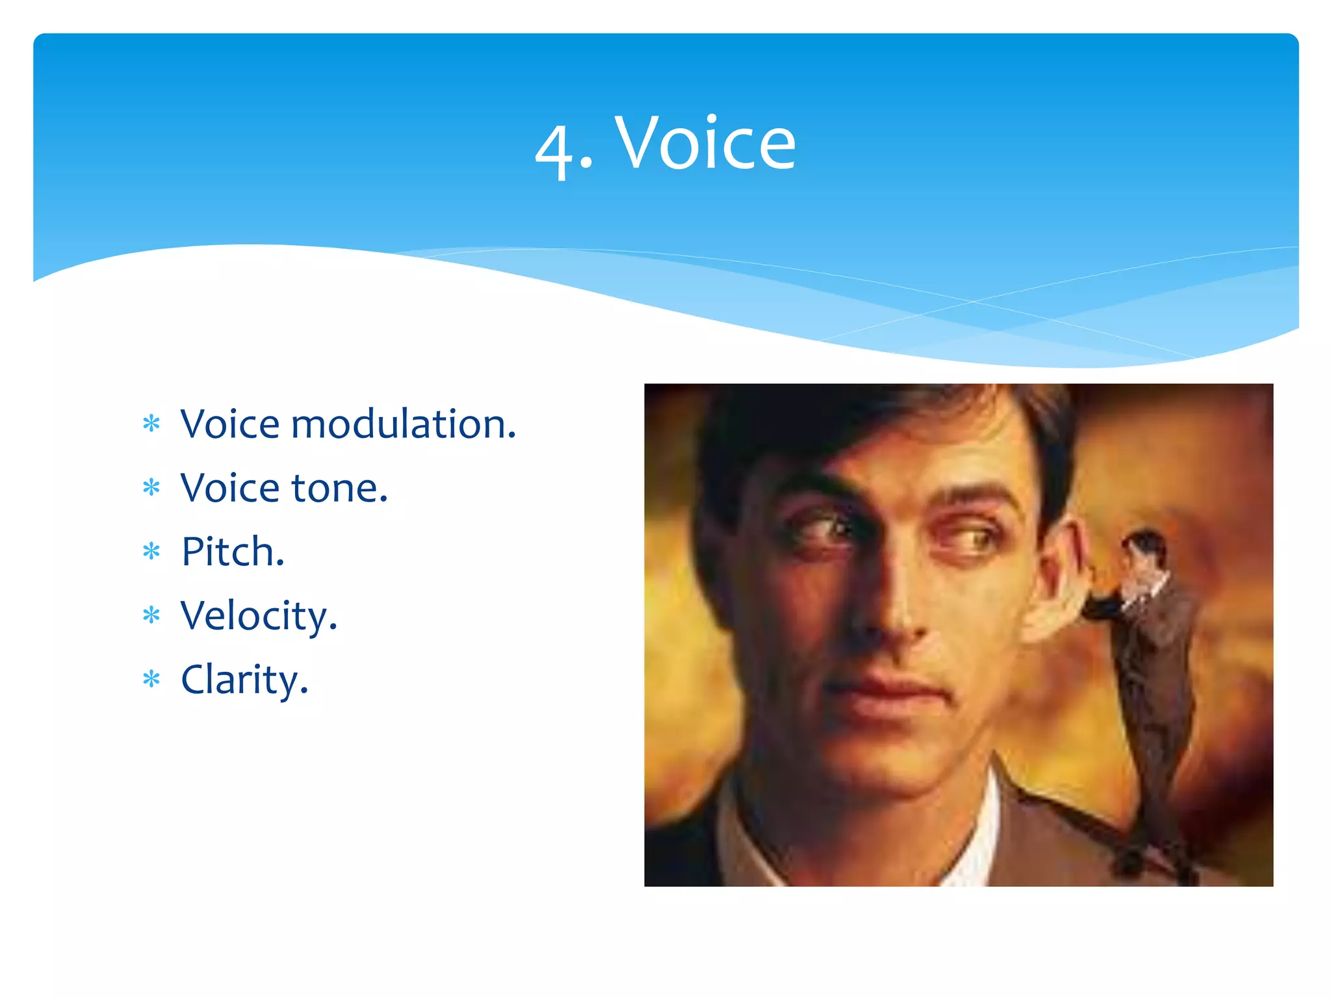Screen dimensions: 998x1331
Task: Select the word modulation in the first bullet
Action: coord(403,424)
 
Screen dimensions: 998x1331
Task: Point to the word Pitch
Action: coord(233,552)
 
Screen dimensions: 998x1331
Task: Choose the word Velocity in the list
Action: coord(259,617)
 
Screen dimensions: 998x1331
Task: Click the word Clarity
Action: coord(244,680)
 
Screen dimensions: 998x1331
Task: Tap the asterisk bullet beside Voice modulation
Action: coord(151,424)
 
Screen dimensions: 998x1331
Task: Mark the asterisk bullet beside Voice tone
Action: coord(151,488)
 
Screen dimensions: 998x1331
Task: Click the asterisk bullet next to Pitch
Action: coord(151,552)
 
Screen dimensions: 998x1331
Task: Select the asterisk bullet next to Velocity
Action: coord(151,616)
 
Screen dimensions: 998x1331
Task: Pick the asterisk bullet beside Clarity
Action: coord(151,680)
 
